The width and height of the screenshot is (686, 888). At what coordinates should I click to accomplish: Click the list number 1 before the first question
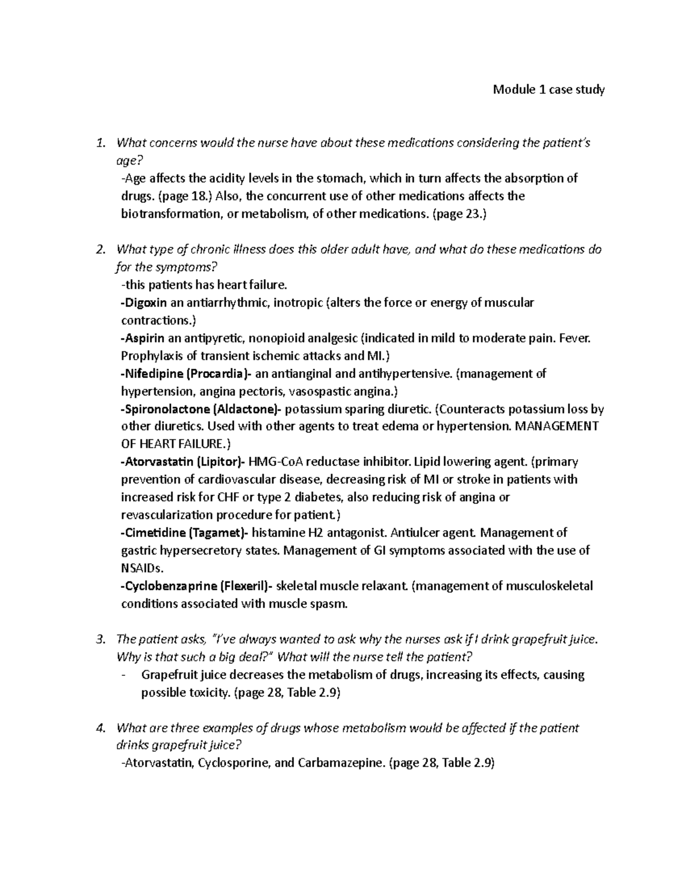(x=101, y=143)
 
